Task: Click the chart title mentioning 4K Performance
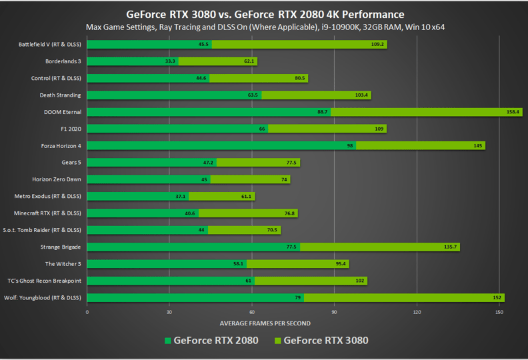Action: click(x=265, y=14)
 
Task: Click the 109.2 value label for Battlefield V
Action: click(x=377, y=45)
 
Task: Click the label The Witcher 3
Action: click(x=63, y=264)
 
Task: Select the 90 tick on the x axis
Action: click(x=335, y=311)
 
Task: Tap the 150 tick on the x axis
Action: click(x=499, y=311)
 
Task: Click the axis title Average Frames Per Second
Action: click(x=265, y=323)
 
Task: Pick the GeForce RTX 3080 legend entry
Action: click(x=321, y=341)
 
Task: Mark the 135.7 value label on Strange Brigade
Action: click(x=450, y=247)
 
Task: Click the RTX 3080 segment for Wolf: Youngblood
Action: click(x=404, y=298)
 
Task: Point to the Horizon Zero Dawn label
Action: click(x=57, y=179)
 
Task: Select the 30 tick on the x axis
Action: click(x=169, y=311)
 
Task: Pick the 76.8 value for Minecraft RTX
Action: click(x=289, y=213)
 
